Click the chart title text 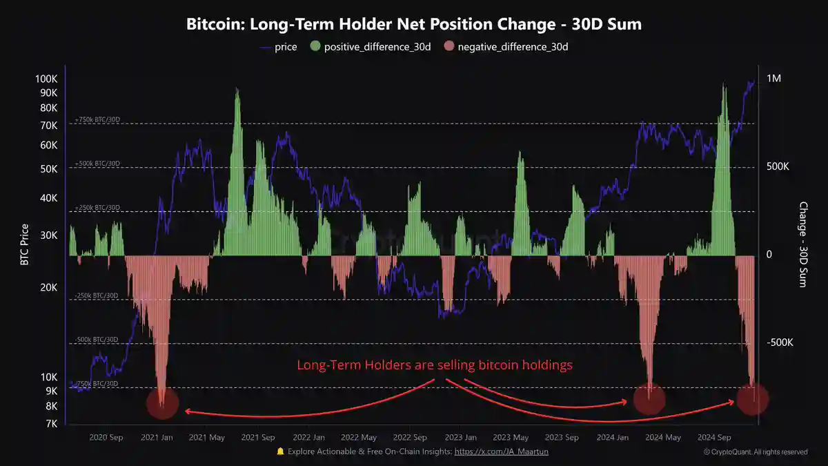click(414, 24)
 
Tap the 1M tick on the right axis click(773, 79)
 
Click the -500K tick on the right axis click(780, 343)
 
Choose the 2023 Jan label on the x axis click(460, 438)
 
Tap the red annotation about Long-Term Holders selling click(435, 365)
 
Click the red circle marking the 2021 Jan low click(163, 402)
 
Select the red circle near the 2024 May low click(649, 399)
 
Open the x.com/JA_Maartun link click(502, 452)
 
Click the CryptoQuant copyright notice click(756, 452)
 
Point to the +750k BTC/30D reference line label click(97, 119)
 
